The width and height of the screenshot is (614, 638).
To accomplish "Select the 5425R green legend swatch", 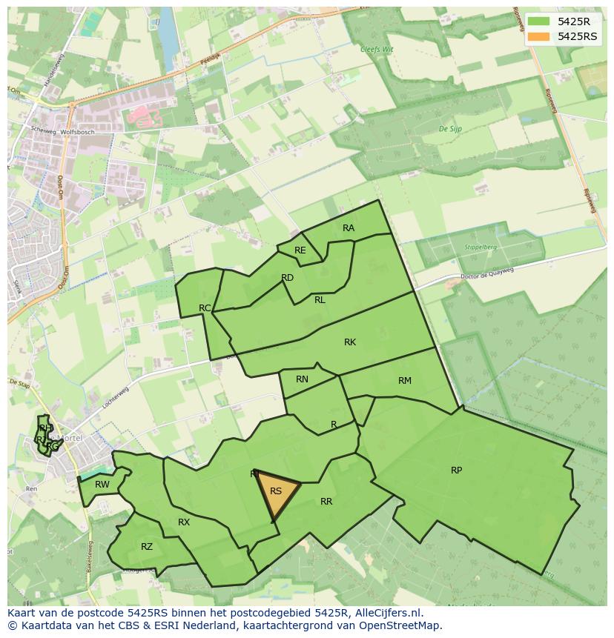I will pos(539,21).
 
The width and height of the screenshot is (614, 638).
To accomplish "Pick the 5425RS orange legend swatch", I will pos(539,36).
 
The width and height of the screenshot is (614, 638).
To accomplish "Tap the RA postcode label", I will pos(349,228).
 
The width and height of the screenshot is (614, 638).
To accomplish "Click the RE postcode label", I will pos(300,250).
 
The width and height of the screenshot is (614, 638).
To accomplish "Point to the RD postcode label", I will pos(288,278).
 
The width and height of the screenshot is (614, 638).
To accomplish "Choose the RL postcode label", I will pos(320,300).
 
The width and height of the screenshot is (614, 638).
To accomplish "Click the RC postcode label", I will pos(205,308).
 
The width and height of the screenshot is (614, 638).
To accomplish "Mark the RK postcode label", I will pos(350,342).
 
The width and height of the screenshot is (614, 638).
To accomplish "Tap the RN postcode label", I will pos(302,379).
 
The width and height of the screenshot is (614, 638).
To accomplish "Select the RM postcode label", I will pos(404,381).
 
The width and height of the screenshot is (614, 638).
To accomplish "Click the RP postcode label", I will pos(456,471).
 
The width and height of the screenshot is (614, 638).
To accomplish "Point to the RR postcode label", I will pos(326,502).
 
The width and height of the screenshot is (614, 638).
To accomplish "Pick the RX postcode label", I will pos(184,522).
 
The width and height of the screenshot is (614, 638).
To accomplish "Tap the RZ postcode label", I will pos(147,547).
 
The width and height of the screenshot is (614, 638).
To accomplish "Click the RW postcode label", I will pos(102,485).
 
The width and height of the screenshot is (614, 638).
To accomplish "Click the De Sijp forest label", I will pos(451,129).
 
